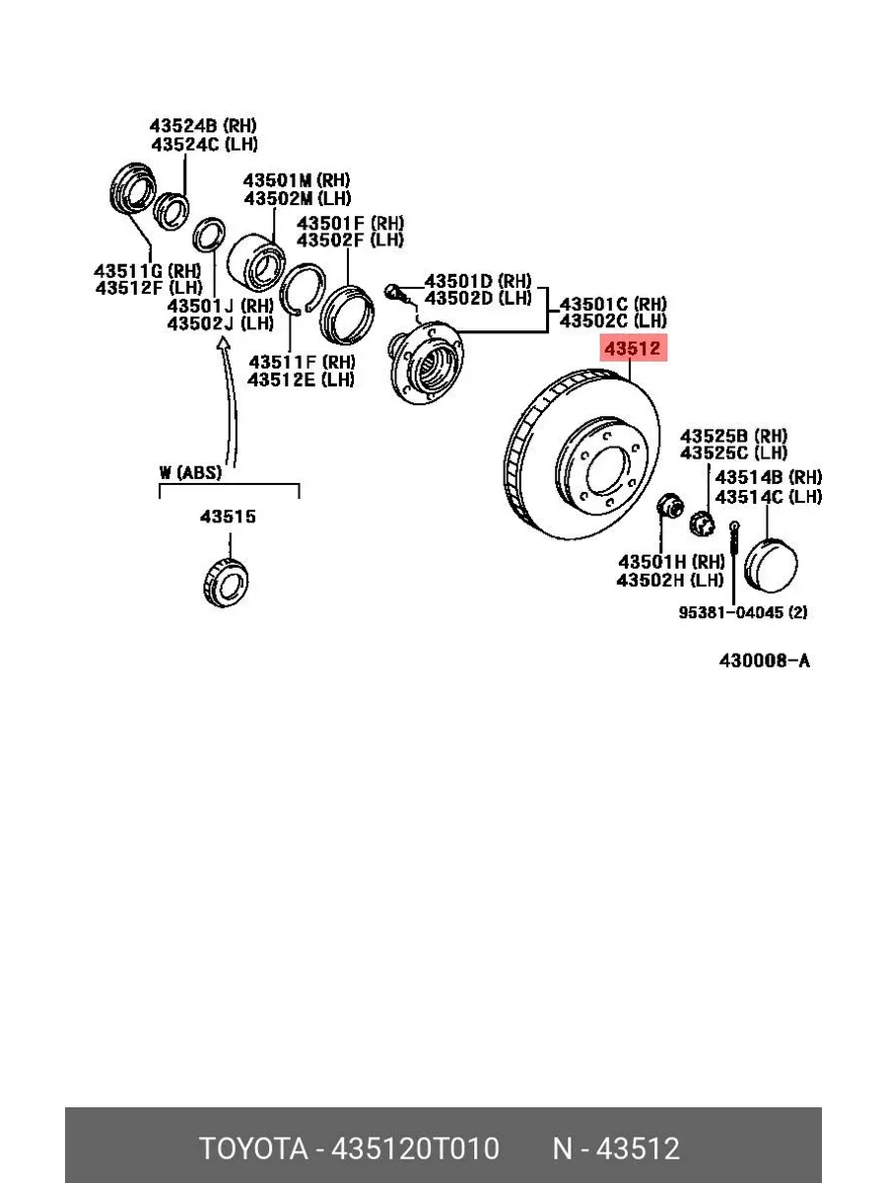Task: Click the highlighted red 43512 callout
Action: [634, 348]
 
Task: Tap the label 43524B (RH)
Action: [203, 125]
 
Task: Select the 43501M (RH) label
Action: [297, 180]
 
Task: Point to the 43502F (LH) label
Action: [350, 240]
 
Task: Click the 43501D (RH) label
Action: [478, 281]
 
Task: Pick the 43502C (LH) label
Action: [613, 320]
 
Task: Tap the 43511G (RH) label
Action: [147, 270]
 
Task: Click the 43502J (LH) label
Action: [220, 323]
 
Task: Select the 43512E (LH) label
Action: [301, 380]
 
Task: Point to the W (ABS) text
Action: [190, 472]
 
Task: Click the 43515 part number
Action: [228, 517]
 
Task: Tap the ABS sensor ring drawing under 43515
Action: [227, 584]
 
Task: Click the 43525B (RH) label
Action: [733, 436]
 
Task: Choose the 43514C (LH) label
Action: [769, 497]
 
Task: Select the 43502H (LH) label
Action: [669, 580]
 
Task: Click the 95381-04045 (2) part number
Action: [743, 612]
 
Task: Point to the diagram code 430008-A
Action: [764, 661]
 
